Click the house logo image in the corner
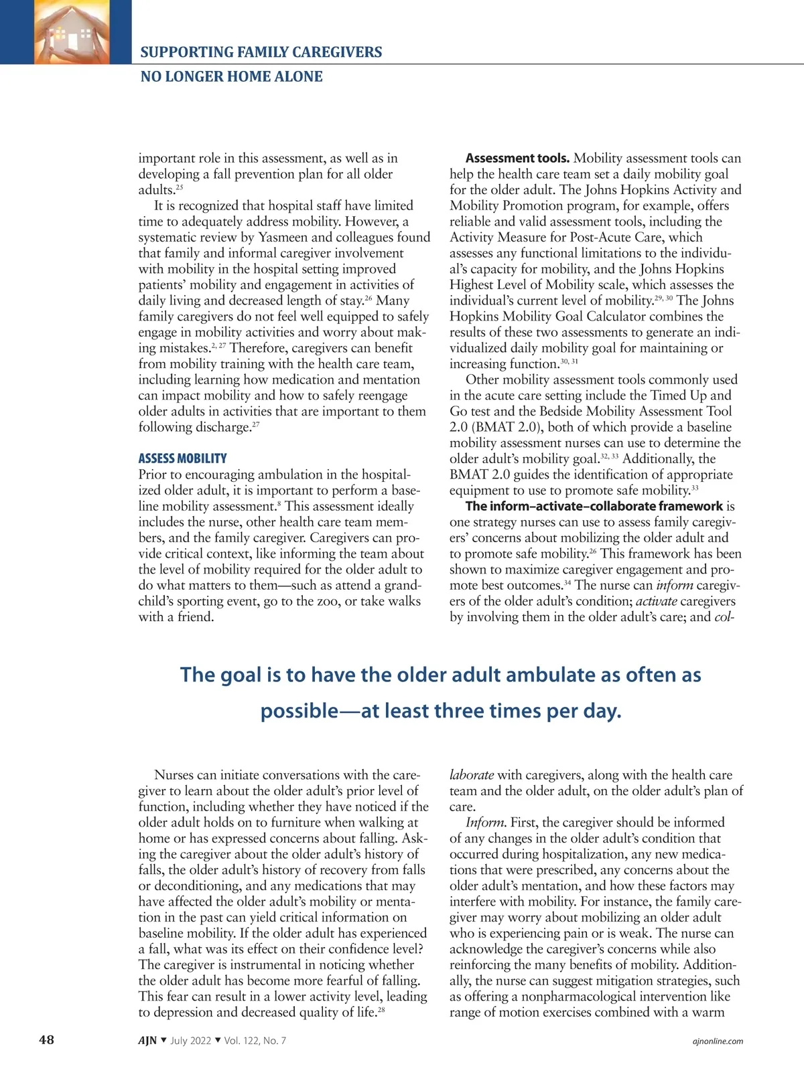point(65,31)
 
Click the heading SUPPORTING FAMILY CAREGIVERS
point(261,52)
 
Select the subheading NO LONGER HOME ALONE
point(231,76)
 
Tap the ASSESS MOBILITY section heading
point(182,458)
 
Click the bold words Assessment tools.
point(517,159)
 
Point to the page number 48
point(46,1039)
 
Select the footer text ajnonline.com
point(717,1041)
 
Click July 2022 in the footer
point(190,1040)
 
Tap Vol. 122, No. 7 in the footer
point(255,1040)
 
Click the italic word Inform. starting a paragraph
point(486,823)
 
